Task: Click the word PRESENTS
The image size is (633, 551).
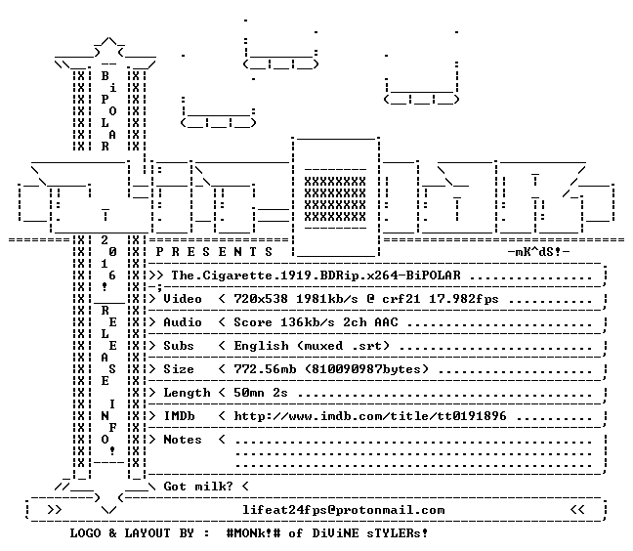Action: tap(214, 252)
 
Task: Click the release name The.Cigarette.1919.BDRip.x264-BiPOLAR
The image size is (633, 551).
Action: tap(316, 275)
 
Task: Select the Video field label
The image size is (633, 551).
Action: tap(182, 299)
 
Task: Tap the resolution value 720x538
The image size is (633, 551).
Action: tap(261, 299)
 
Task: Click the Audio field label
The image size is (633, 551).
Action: tap(182, 322)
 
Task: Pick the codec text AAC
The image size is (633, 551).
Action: tap(386, 322)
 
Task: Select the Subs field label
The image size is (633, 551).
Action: tap(179, 346)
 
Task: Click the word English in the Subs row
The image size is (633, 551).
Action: tap(261, 347)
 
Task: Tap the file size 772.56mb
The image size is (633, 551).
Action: tap(265, 369)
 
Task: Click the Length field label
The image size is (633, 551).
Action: tap(187, 393)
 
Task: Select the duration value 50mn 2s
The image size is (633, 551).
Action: tap(261, 393)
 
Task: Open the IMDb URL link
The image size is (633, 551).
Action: tap(370, 416)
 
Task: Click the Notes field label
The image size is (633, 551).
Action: tap(182, 440)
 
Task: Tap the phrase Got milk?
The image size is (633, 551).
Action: tap(198, 487)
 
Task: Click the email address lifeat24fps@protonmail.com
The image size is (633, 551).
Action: tap(344, 510)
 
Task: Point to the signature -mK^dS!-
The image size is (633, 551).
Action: tap(539, 252)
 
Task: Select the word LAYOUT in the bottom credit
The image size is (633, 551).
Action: tap(147, 533)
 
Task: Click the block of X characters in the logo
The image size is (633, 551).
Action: tap(335, 199)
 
